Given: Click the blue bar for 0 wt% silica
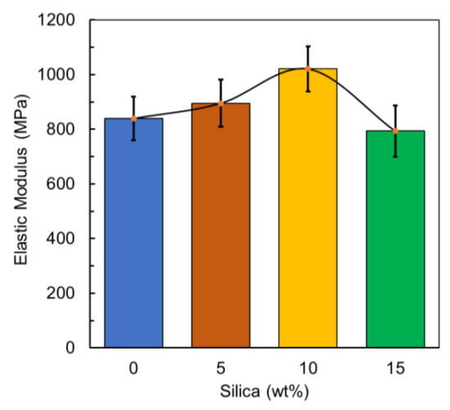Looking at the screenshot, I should coord(133,233).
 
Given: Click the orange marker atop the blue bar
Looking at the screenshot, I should coord(133,118).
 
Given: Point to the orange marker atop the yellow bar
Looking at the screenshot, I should coord(308,69).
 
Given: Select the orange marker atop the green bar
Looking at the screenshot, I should coord(395,131).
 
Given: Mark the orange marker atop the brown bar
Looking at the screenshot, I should coord(221,104).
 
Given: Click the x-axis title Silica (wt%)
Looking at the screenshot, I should coord(264,394).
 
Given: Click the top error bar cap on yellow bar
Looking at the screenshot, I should coord(308,47).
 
